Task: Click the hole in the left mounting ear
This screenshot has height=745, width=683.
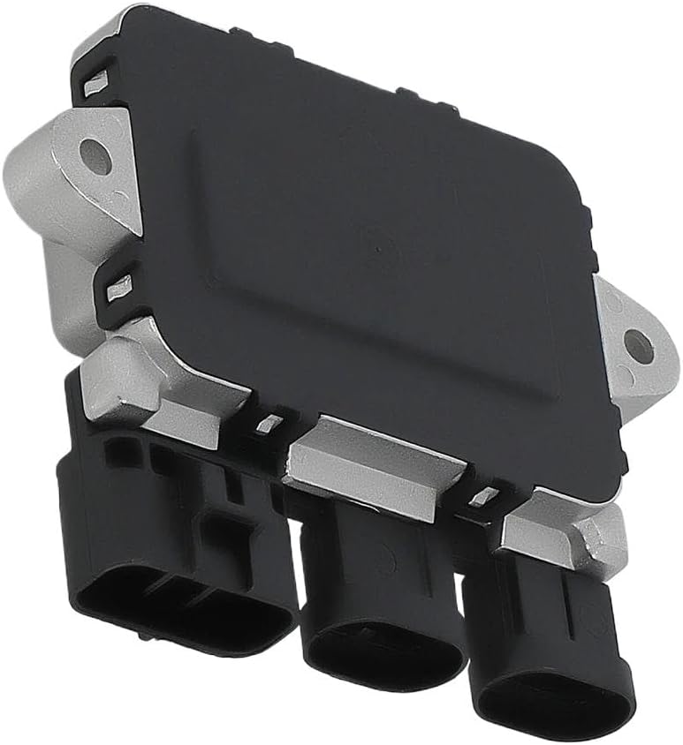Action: click(x=95, y=156)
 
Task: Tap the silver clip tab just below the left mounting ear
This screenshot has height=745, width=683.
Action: click(x=119, y=285)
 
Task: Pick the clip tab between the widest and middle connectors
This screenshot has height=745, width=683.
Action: click(x=268, y=424)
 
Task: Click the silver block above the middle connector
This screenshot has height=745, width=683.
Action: click(x=376, y=463)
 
